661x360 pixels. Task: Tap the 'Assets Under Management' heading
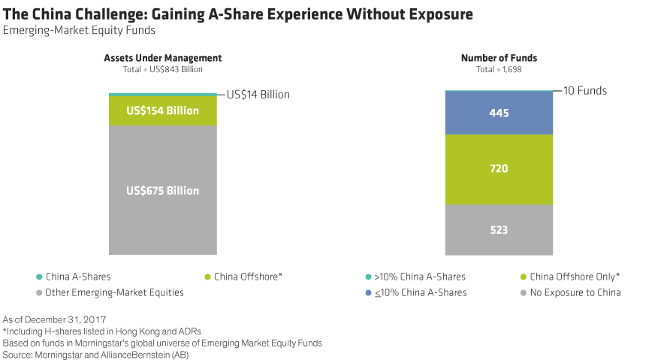162,58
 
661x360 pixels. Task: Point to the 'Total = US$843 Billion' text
162,69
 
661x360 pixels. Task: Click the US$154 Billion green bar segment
162,111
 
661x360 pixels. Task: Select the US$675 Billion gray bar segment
162,191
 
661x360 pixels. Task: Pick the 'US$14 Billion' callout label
258,95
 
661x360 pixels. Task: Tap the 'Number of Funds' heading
499,58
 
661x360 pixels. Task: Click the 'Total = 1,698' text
499,69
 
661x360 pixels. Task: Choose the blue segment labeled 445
499,113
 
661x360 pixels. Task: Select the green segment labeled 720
499,169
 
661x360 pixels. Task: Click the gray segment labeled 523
499,231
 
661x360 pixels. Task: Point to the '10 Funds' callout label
585,91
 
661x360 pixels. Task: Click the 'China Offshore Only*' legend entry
575,277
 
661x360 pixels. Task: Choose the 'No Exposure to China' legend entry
575,292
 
